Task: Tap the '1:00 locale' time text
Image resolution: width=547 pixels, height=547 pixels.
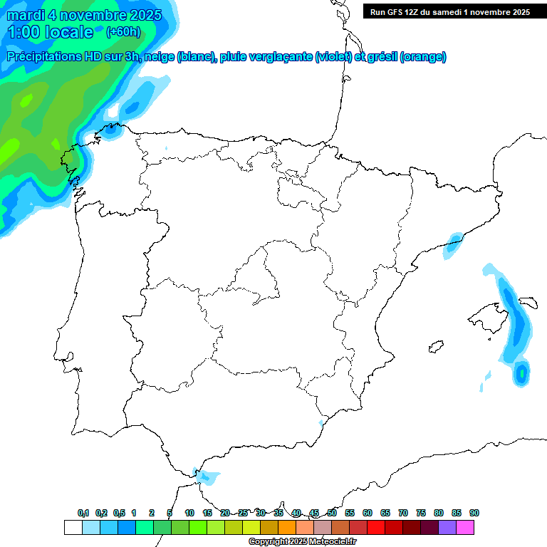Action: pos(50,32)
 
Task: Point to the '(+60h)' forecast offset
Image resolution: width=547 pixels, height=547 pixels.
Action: pos(123,32)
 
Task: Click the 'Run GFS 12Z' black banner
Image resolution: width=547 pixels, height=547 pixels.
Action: pos(449,11)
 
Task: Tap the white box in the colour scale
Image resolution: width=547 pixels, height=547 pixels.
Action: pos(73,527)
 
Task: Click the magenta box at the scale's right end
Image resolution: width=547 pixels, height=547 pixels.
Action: pos(465,527)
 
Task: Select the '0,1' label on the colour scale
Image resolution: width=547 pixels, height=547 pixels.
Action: pos(83,513)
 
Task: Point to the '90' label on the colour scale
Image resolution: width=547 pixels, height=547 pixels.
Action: pos(474,513)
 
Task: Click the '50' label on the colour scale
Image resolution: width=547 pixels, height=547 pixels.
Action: pos(332,513)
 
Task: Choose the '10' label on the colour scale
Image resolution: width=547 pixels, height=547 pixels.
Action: pos(189,513)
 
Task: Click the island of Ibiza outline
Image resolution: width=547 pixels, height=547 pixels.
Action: pos(434,347)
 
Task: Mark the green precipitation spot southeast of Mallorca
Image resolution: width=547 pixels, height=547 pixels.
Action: pos(522,372)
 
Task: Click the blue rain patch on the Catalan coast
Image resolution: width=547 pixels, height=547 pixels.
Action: pos(453,243)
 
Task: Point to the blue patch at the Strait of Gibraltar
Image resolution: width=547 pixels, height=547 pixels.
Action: pos(207,476)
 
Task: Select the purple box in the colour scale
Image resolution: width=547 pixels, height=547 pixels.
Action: pos(447,527)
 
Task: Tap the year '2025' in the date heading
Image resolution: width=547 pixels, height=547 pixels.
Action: pos(141,15)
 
